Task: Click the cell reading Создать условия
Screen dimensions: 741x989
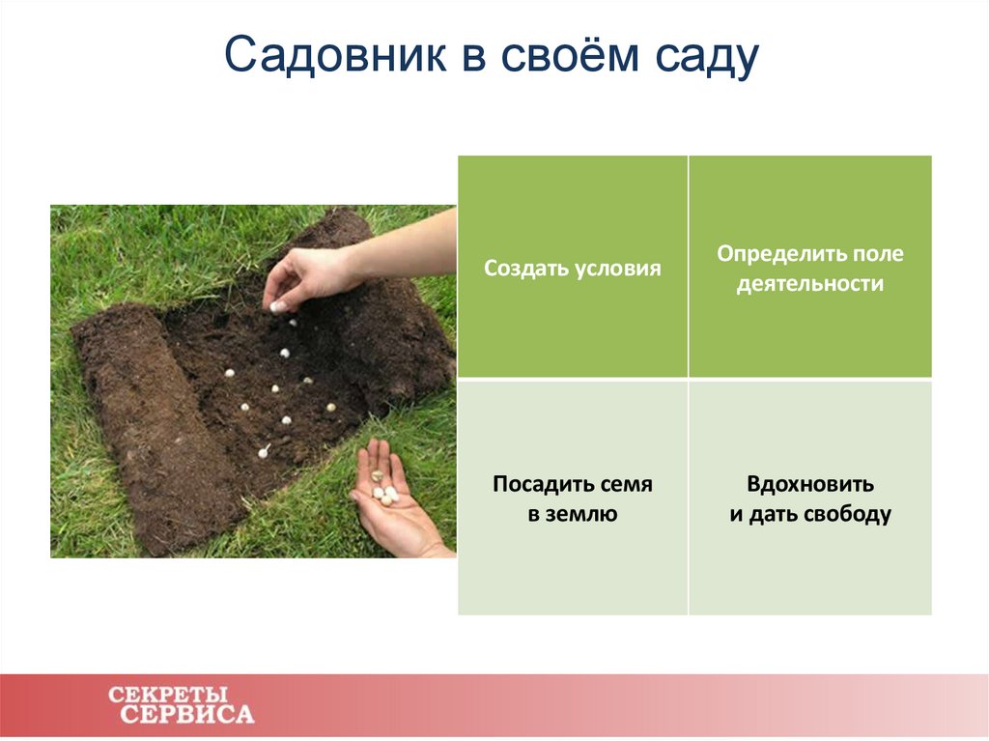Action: [573, 268]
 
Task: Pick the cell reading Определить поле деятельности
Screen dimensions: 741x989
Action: [810, 268]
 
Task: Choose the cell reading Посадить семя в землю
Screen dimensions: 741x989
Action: [573, 499]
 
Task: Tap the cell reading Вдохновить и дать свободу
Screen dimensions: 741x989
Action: [810, 499]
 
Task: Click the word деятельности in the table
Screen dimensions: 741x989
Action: [810, 285]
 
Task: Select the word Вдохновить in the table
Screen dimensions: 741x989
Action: [810, 483]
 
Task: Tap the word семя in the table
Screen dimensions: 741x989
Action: [626, 484]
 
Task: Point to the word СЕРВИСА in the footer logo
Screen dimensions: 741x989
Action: [188, 716]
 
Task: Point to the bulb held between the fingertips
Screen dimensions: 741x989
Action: [278, 306]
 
